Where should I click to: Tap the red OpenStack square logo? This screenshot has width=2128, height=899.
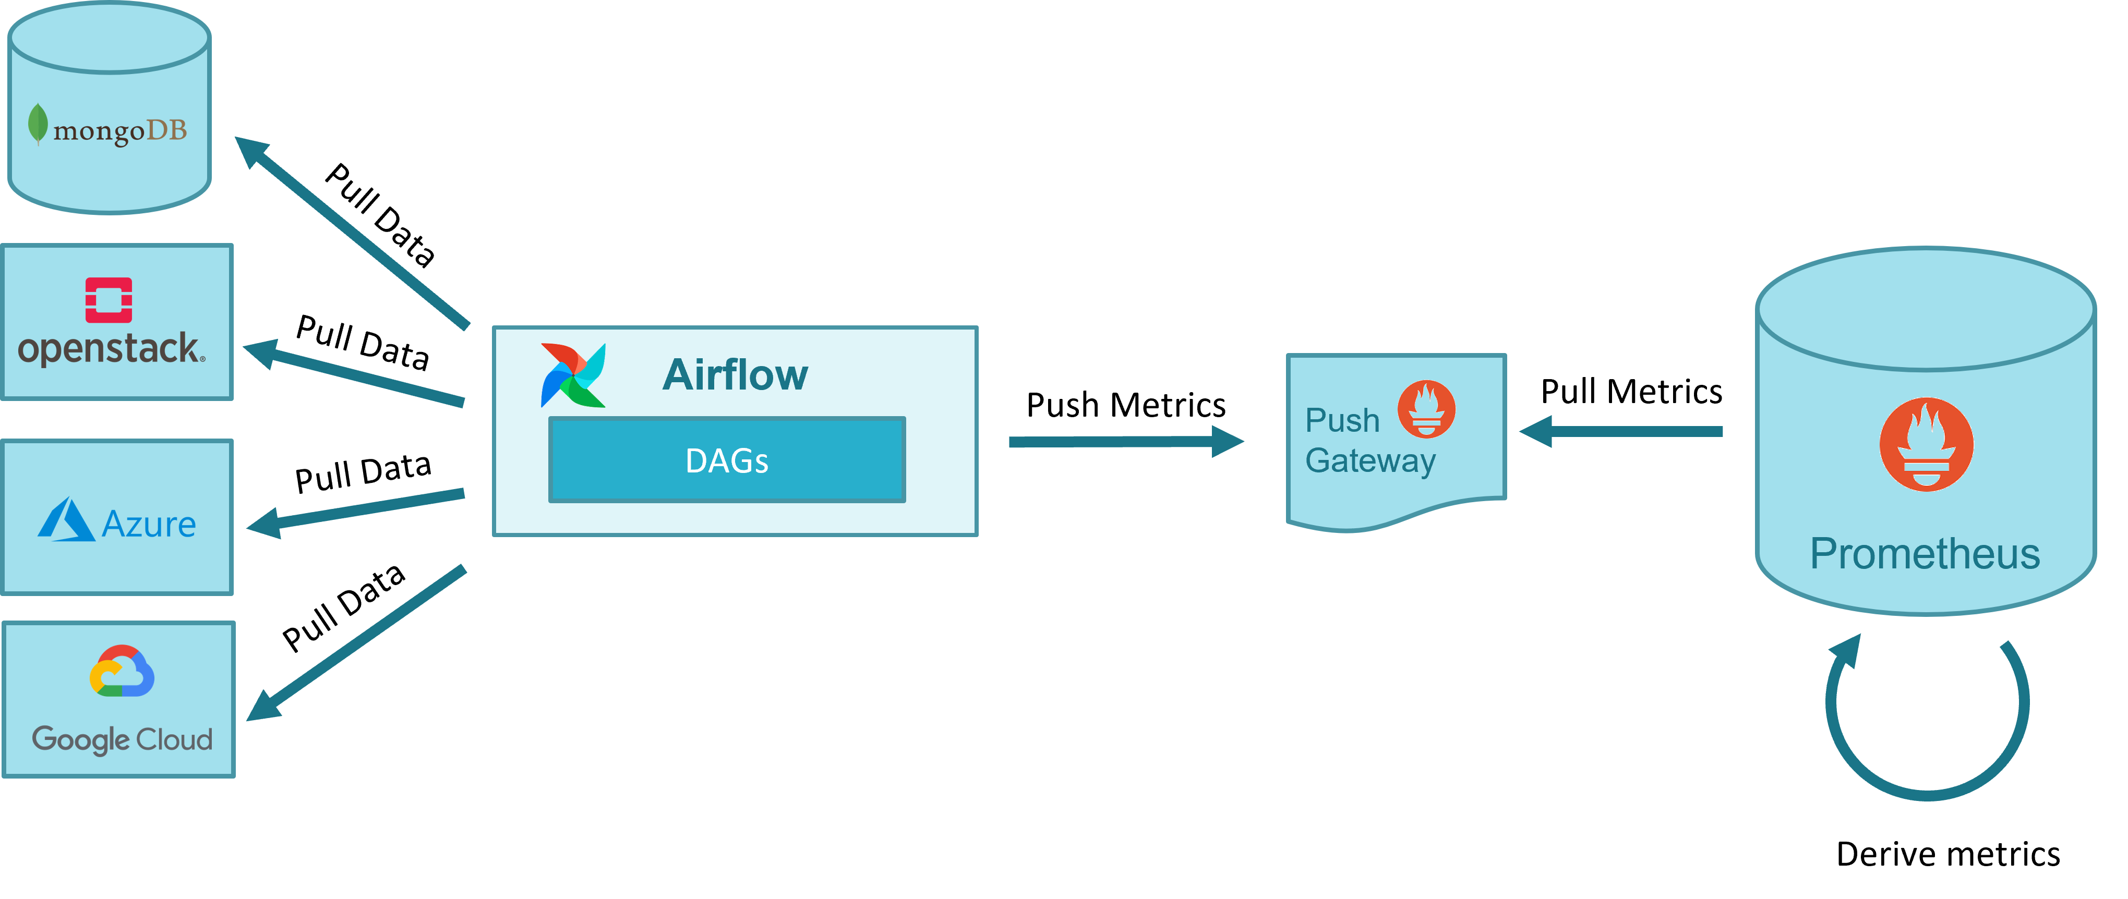pyautogui.click(x=109, y=300)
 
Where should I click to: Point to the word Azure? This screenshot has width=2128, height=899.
pyautogui.click(x=149, y=524)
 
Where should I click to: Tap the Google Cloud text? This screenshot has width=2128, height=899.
pyautogui.click(x=122, y=739)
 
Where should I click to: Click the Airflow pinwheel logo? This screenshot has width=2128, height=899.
pyautogui.click(x=572, y=375)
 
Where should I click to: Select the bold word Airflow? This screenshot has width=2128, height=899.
pyautogui.click(x=735, y=375)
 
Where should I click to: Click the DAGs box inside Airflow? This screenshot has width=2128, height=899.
pyautogui.click(x=727, y=460)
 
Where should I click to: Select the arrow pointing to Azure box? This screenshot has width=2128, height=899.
pyautogui.click(x=355, y=510)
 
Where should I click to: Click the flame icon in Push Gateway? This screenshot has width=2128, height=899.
pyautogui.click(x=1426, y=409)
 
